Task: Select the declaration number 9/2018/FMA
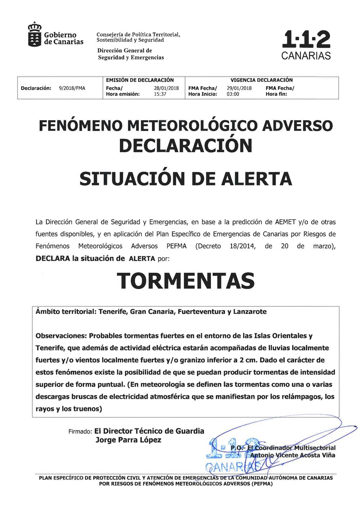72,88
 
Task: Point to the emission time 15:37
160,94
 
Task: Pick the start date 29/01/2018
239,88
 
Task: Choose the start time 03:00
233,94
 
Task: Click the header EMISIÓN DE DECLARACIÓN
140,80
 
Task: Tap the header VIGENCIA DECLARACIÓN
261,80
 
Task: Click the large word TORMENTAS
185,281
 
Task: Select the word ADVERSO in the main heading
298,126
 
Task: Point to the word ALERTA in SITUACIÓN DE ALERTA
256,178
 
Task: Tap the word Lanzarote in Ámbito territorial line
250,312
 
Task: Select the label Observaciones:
61,336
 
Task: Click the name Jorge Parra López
128,440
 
